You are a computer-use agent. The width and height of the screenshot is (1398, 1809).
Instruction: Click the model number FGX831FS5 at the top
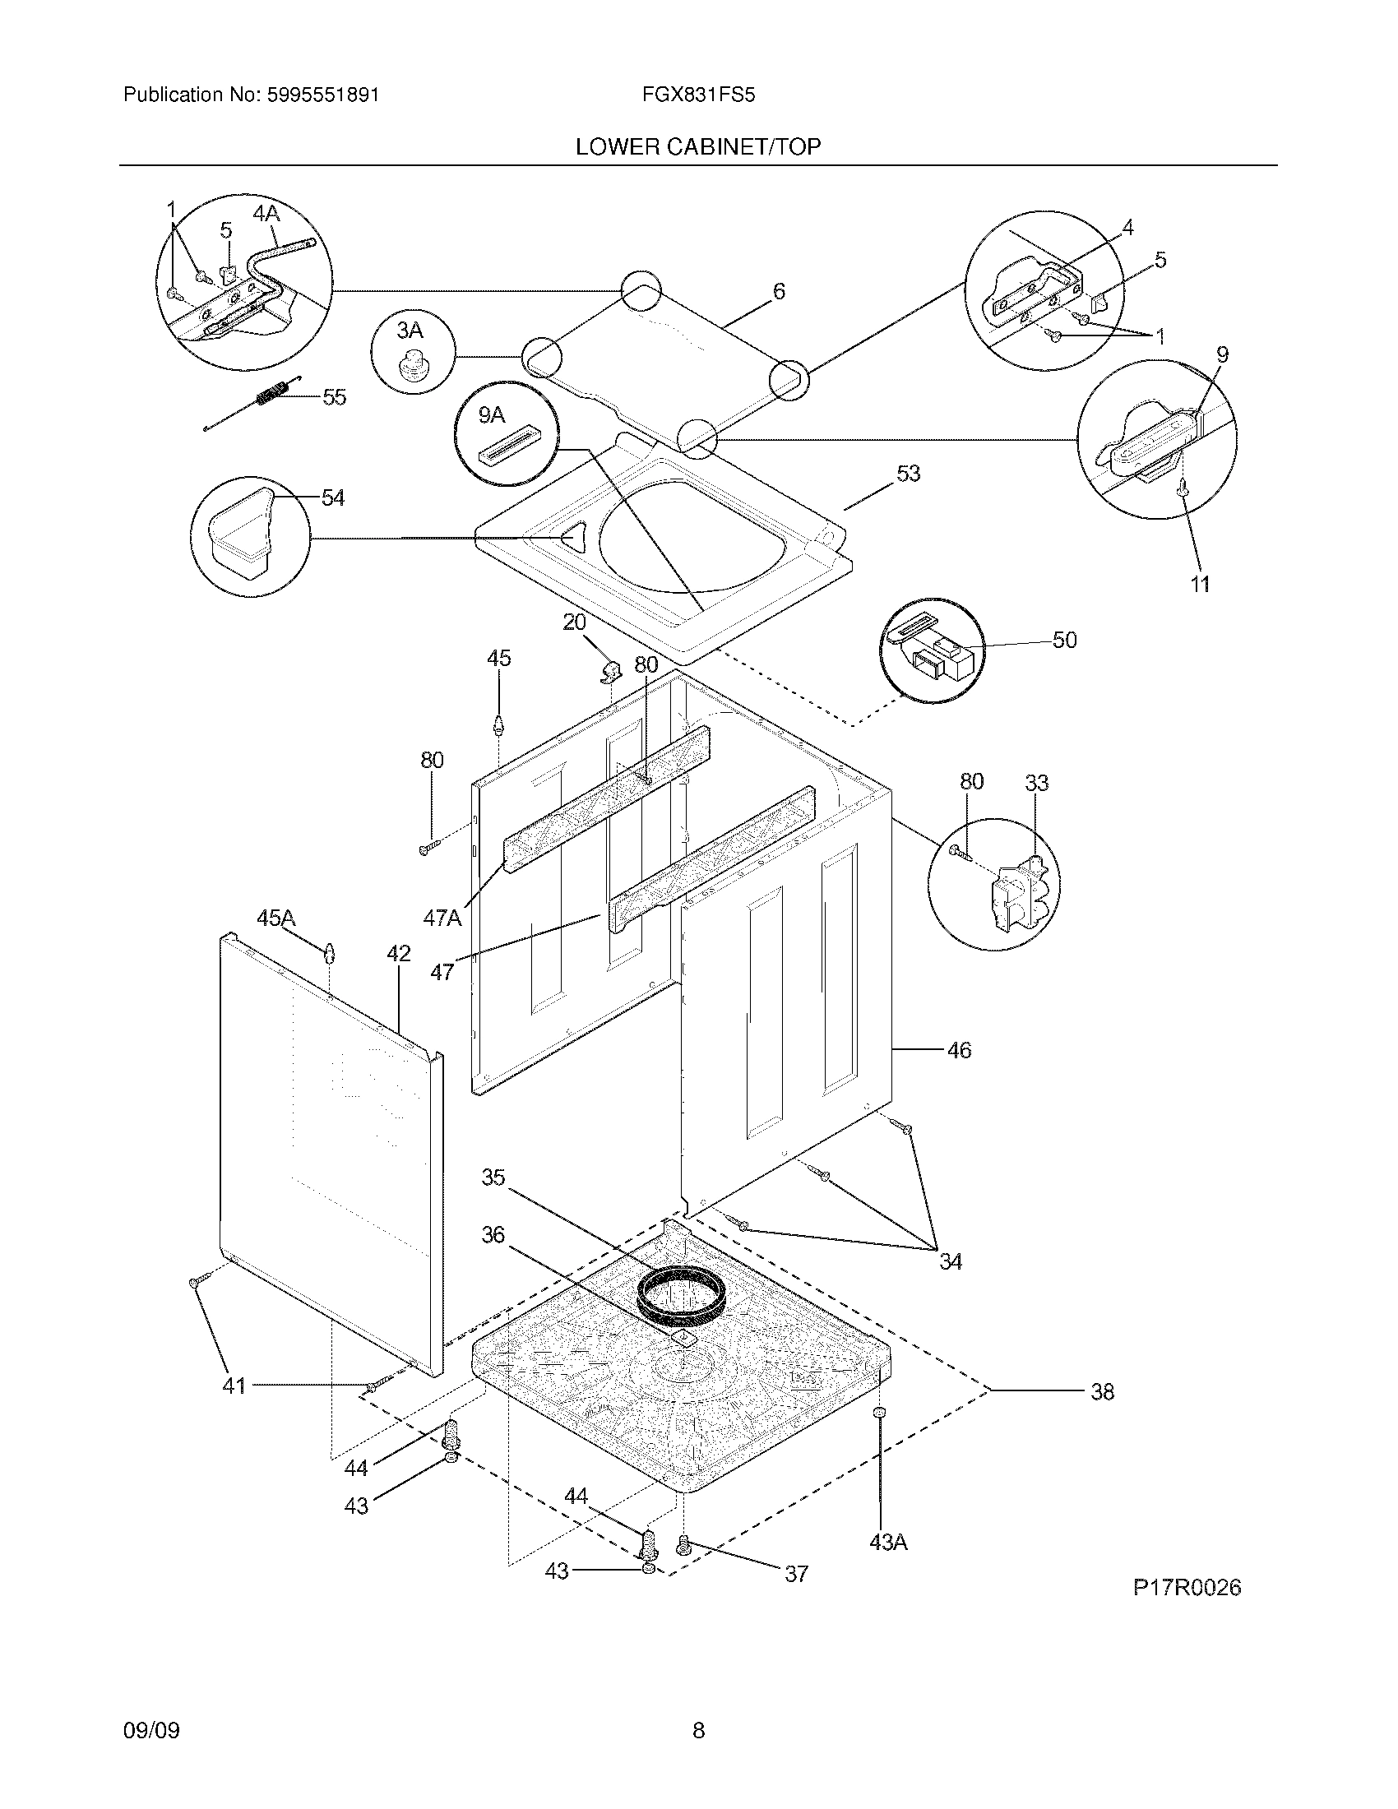698,95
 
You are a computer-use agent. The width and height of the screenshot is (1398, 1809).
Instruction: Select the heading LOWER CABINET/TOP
698,147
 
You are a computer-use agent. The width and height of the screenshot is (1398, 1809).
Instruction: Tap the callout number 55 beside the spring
334,398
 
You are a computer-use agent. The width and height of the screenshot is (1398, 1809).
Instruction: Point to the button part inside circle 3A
412,365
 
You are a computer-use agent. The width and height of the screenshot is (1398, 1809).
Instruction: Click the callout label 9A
491,415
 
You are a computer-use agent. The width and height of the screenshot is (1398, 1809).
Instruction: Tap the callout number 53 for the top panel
909,474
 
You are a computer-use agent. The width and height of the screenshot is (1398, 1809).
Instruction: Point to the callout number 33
1037,783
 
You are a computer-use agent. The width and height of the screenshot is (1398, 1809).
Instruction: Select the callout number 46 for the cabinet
959,1051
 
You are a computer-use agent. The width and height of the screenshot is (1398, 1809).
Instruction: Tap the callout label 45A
275,918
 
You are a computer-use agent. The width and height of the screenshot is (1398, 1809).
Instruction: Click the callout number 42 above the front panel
398,953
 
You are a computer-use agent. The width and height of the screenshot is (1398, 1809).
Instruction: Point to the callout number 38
1102,1392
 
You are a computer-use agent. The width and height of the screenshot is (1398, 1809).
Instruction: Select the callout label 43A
889,1543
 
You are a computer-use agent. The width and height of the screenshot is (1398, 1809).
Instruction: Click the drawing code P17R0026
1187,1588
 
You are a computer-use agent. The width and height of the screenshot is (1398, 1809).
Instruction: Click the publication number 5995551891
323,95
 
